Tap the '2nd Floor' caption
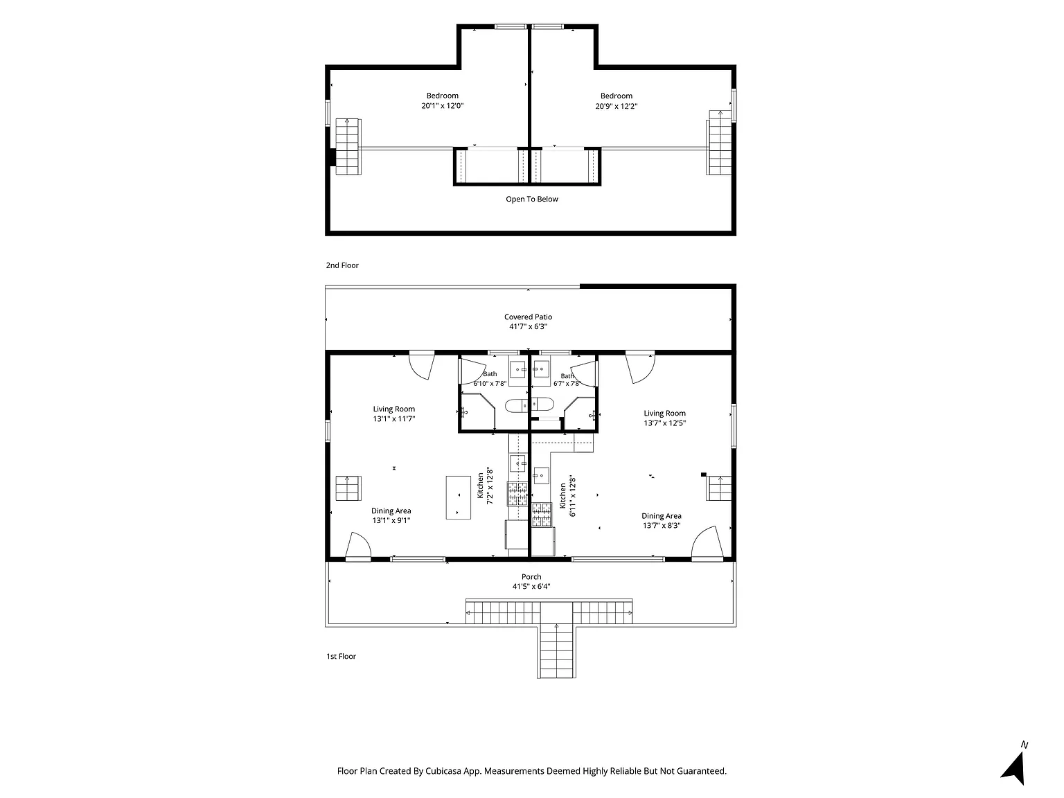(342, 265)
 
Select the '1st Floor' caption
(341, 657)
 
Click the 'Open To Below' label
(532, 199)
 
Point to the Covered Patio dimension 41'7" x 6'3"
(528, 326)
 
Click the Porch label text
(531, 576)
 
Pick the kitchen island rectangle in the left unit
(458, 497)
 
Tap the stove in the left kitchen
(517, 494)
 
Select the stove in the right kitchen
(542, 515)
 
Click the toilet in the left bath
(516, 405)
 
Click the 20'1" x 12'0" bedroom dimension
(442, 105)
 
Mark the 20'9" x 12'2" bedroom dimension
(616, 106)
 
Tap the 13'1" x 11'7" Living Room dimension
(393, 419)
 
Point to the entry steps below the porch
(556, 650)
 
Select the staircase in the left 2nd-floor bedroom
(348, 146)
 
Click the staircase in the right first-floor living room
(718, 488)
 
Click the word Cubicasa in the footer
(443, 771)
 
